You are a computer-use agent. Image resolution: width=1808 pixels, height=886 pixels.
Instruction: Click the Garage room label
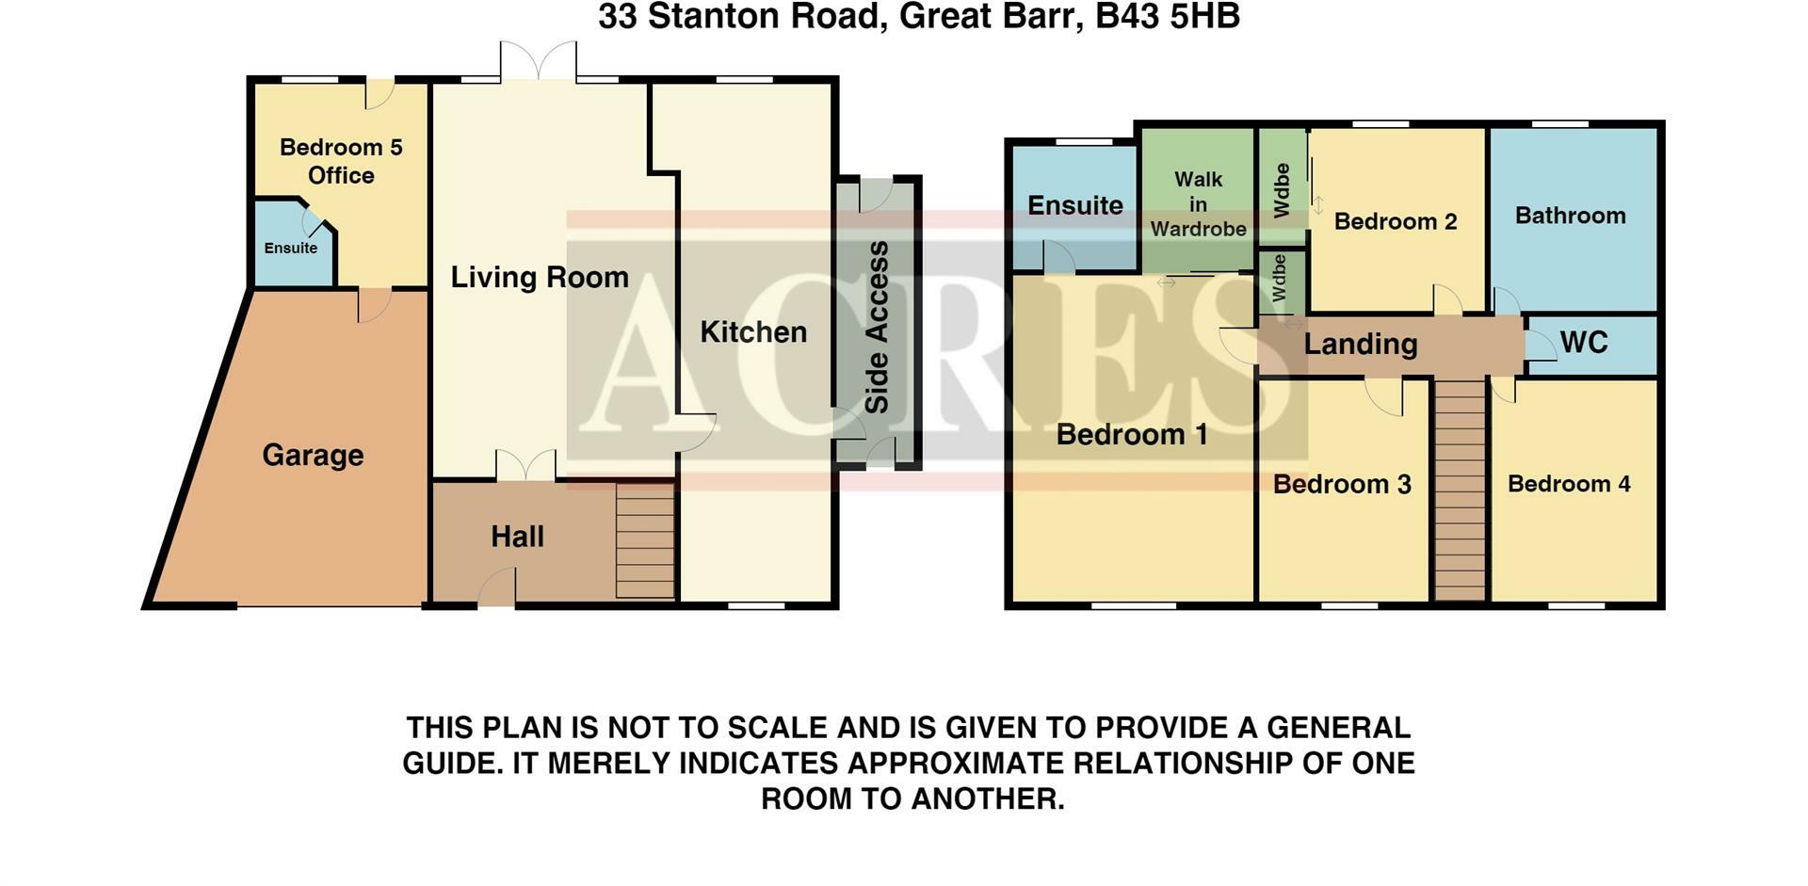(x=313, y=456)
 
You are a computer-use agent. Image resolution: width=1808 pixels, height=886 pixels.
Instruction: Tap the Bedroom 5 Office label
(x=341, y=161)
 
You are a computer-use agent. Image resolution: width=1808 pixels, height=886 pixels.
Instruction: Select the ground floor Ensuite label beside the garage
(x=291, y=248)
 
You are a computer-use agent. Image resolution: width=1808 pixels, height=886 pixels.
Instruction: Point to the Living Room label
(x=540, y=277)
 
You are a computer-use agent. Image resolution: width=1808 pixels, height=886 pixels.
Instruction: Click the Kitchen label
(x=753, y=331)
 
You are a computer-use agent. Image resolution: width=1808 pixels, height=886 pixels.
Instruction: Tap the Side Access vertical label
(x=877, y=327)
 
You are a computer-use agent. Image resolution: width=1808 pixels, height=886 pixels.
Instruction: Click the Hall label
(x=517, y=537)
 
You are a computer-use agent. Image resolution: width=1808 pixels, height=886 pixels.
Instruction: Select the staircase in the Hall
(x=645, y=540)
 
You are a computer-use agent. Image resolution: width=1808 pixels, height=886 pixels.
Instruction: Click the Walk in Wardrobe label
(x=1198, y=204)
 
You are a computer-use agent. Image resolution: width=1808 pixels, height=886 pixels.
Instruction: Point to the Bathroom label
(x=1571, y=216)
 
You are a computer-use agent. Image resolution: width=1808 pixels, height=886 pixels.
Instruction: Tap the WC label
(x=1584, y=343)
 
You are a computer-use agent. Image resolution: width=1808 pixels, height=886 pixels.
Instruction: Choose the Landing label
(x=1361, y=345)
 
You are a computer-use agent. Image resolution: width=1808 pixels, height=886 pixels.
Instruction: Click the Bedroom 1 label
(x=1132, y=434)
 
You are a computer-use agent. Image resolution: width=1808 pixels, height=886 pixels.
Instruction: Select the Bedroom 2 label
(x=1396, y=221)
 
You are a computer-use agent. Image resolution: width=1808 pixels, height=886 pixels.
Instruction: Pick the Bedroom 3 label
(x=1342, y=484)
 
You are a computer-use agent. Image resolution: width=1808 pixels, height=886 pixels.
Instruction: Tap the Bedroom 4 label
(x=1569, y=484)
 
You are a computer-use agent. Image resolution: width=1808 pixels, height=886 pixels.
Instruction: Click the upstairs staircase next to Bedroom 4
(x=1460, y=489)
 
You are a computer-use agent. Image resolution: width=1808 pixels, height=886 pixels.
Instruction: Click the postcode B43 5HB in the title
(x=1168, y=16)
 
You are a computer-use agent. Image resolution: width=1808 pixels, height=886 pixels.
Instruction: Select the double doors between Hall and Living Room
(x=525, y=465)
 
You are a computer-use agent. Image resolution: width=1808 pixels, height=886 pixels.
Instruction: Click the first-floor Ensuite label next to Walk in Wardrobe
(x=1075, y=205)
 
